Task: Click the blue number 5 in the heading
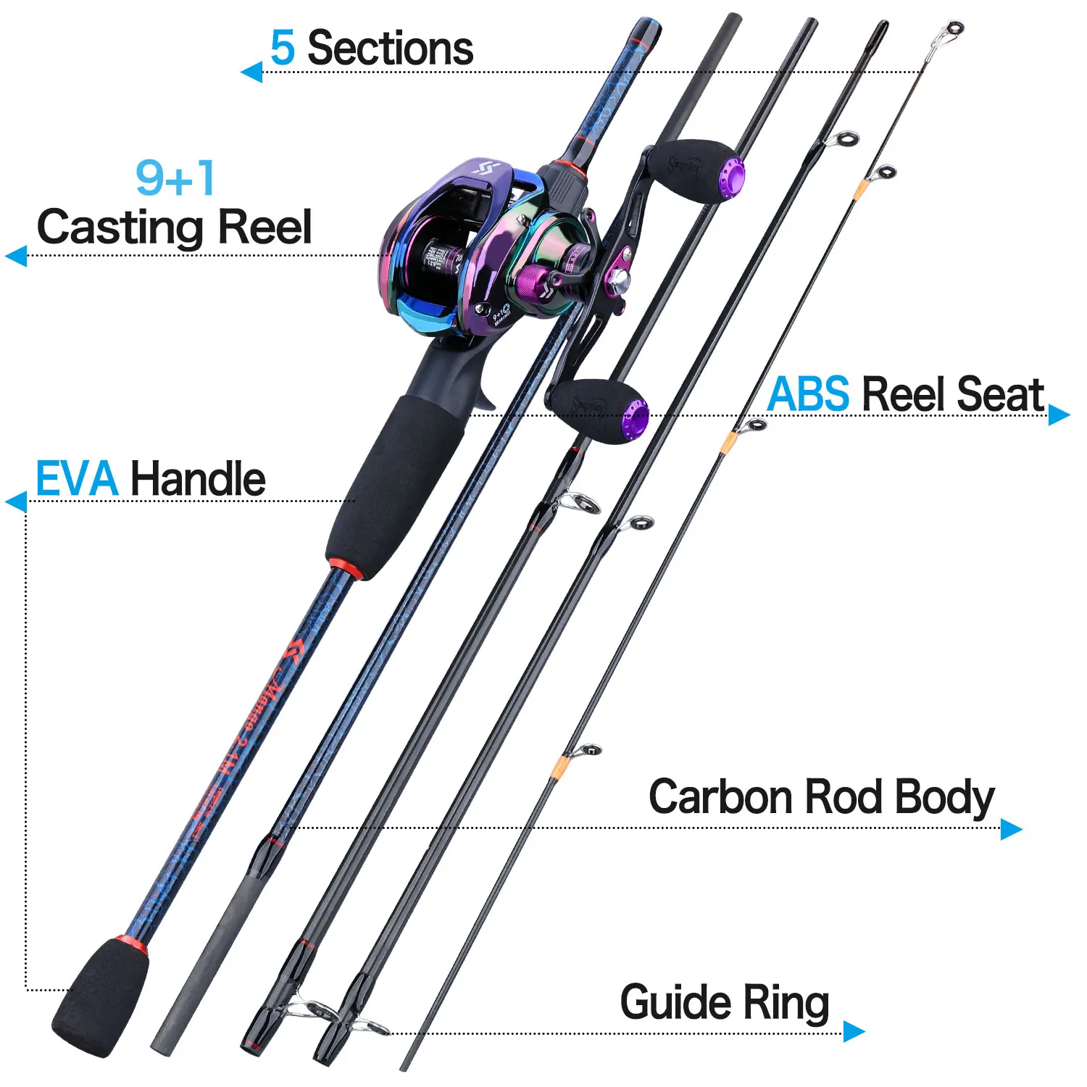282,49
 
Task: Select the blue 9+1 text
175,178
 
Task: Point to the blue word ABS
808,395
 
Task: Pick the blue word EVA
77,479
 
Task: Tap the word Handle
198,479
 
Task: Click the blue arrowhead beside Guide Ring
854,1031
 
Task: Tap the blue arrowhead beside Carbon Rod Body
1011,829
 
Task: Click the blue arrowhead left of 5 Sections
251,72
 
